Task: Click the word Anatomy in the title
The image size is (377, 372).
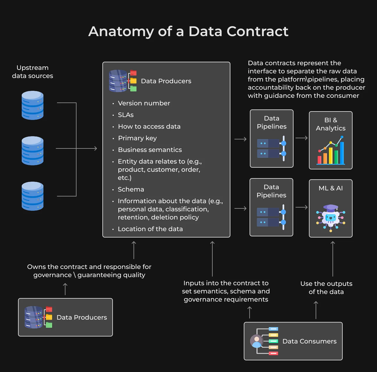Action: pos(121,31)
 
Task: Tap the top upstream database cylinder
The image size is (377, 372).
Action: pos(33,105)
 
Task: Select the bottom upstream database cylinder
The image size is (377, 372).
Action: pos(33,196)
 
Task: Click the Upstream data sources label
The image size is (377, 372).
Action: pos(33,72)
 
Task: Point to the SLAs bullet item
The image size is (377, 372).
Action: pos(126,115)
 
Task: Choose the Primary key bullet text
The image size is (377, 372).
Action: pos(137,138)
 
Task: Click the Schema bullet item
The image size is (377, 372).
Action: pos(131,189)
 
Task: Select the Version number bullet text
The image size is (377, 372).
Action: pos(144,103)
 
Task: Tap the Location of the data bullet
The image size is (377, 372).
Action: pos(150,229)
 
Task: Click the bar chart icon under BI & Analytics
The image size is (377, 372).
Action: pos(331,150)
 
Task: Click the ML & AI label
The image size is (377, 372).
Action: pos(331,188)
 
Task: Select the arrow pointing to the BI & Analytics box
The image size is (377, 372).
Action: pos(301,138)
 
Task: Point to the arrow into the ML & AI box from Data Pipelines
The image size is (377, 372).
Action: pos(301,207)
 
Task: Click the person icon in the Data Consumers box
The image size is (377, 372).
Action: pos(257,341)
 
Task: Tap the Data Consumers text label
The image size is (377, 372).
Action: pos(310,341)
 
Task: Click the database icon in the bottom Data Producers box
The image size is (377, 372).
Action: pos(33,317)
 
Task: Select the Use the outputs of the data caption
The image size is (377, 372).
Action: pos(326,288)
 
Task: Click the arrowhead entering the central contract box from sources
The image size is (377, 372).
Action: pos(96,148)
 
